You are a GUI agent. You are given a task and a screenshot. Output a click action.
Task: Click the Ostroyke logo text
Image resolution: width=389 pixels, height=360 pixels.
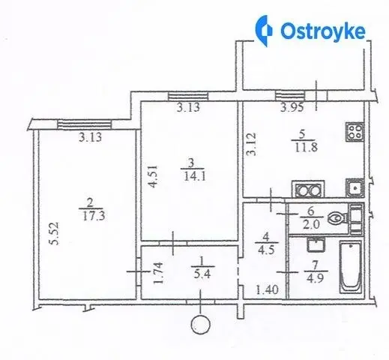[x=323, y=31]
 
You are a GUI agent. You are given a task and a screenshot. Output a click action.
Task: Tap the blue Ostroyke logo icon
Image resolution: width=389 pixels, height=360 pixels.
[x=264, y=31]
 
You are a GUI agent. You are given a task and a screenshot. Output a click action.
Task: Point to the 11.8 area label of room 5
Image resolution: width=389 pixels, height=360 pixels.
[x=307, y=147]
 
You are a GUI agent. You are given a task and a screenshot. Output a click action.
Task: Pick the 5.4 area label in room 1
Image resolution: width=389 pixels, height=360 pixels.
[x=202, y=274]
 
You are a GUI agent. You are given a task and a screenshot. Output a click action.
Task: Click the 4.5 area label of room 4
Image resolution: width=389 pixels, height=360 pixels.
[x=266, y=250]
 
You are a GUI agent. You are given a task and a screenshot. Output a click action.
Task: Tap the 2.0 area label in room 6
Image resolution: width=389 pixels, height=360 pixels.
[x=311, y=224]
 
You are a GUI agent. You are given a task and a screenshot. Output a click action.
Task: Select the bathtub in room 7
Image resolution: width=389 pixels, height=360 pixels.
[x=350, y=266]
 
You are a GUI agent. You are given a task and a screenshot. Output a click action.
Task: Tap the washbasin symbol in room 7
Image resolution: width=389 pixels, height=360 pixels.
[x=316, y=244]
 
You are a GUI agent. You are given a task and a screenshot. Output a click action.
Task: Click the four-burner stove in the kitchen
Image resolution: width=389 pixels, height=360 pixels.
[x=355, y=132]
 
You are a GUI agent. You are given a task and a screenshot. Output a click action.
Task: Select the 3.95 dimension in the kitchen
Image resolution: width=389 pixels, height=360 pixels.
[x=292, y=108]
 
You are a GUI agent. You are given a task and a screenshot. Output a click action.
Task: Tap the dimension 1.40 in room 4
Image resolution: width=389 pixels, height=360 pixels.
[x=267, y=290]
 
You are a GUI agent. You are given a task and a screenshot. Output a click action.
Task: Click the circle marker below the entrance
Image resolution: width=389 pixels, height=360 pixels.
[x=200, y=325]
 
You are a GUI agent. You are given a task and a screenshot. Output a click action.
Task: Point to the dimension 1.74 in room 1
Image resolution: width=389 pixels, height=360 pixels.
[x=159, y=273]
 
